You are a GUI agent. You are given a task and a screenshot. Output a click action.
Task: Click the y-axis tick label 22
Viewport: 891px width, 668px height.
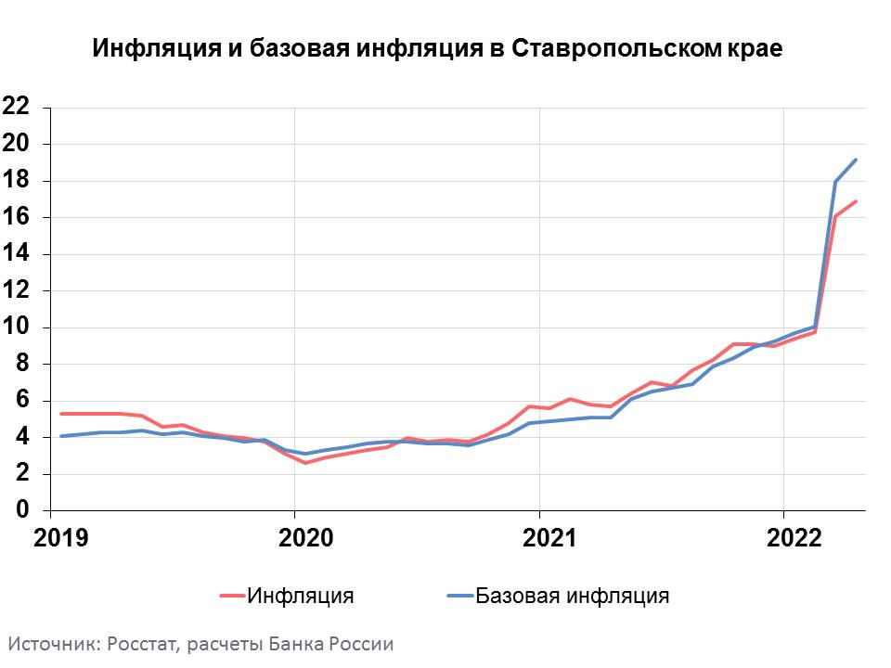point(17,107)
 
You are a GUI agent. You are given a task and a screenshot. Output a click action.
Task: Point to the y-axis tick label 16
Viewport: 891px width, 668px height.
point(17,217)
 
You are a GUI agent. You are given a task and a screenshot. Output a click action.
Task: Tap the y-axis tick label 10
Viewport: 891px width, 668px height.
point(17,328)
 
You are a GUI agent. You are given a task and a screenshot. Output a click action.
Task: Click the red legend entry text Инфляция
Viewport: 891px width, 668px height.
point(300,596)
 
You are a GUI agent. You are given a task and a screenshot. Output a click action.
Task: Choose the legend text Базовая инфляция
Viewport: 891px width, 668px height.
point(573,596)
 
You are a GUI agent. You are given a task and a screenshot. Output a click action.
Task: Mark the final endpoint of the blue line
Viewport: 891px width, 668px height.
point(856,160)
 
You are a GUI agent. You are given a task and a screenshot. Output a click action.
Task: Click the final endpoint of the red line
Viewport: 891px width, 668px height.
point(856,201)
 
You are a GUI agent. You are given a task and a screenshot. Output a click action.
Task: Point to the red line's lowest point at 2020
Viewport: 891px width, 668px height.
point(305,462)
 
